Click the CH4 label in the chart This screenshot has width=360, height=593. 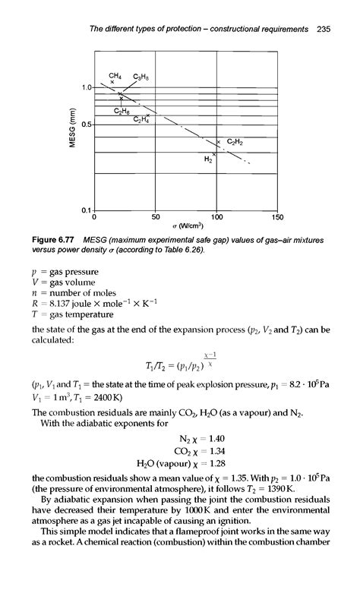tap(115, 74)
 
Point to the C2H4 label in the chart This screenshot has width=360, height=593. tap(142, 119)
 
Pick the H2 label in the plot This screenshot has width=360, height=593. tap(207, 160)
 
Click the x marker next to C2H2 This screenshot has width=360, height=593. tap(219, 141)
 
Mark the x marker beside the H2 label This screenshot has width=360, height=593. tap(214, 154)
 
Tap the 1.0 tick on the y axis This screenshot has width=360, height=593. tap(86, 88)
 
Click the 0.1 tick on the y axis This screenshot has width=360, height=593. tap(86, 209)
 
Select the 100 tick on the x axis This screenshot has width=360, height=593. tap(216, 217)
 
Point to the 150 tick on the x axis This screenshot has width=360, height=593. tap(277, 217)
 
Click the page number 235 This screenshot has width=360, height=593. tap(324, 29)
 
